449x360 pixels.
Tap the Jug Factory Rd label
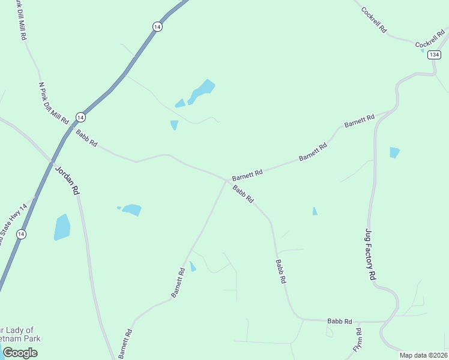pyautogui.click(x=370, y=255)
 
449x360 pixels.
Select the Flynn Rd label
pyautogui.click(x=358, y=340)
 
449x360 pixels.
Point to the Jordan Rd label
pyautogui.click(x=67, y=179)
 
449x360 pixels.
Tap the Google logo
pyautogui.click(x=20, y=353)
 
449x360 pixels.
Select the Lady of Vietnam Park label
pyautogui.click(x=20, y=334)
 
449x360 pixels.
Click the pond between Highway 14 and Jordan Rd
pyautogui.click(x=62, y=227)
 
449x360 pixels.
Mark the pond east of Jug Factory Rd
pyautogui.click(x=394, y=152)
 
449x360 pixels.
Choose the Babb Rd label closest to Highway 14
pyautogui.click(x=86, y=138)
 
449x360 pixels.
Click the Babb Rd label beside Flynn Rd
pyautogui.click(x=339, y=322)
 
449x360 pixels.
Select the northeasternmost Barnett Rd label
pyautogui.click(x=360, y=120)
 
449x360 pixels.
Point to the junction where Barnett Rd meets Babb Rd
pyautogui.click(x=227, y=179)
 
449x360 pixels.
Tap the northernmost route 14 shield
pyautogui.click(x=157, y=26)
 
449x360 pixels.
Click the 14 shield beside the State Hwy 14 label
pyautogui.click(x=21, y=234)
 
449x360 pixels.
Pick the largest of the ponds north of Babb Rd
pyautogui.click(x=200, y=91)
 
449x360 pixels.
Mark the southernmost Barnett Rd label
pyautogui.click(x=125, y=344)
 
